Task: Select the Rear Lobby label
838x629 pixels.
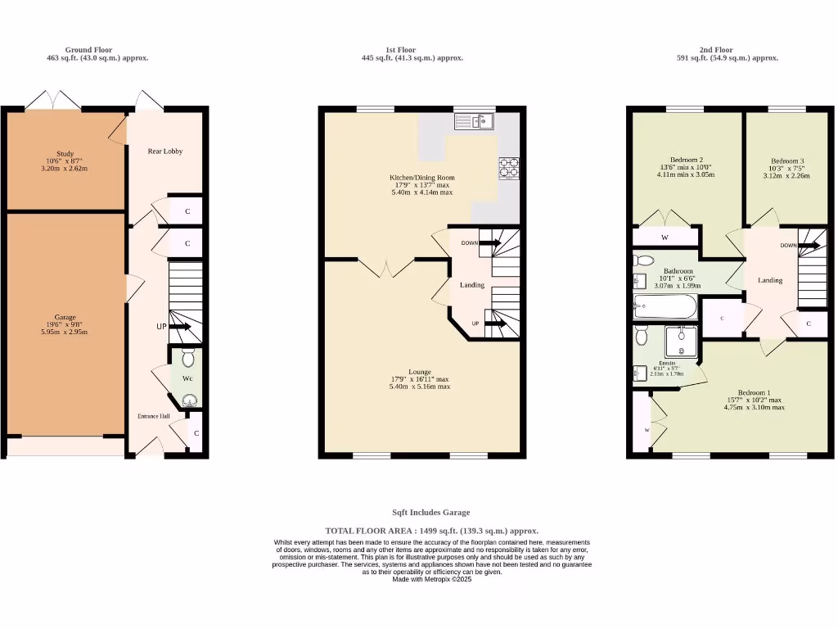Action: click(164, 152)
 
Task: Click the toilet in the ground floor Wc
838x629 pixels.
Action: click(188, 358)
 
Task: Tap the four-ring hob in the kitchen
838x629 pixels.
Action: click(508, 166)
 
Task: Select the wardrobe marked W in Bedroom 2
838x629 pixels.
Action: click(665, 238)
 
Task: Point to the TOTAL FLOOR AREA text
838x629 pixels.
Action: click(431, 531)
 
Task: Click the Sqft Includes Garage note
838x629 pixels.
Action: click(431, 513)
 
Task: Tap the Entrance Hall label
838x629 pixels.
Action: click(153, 417)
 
